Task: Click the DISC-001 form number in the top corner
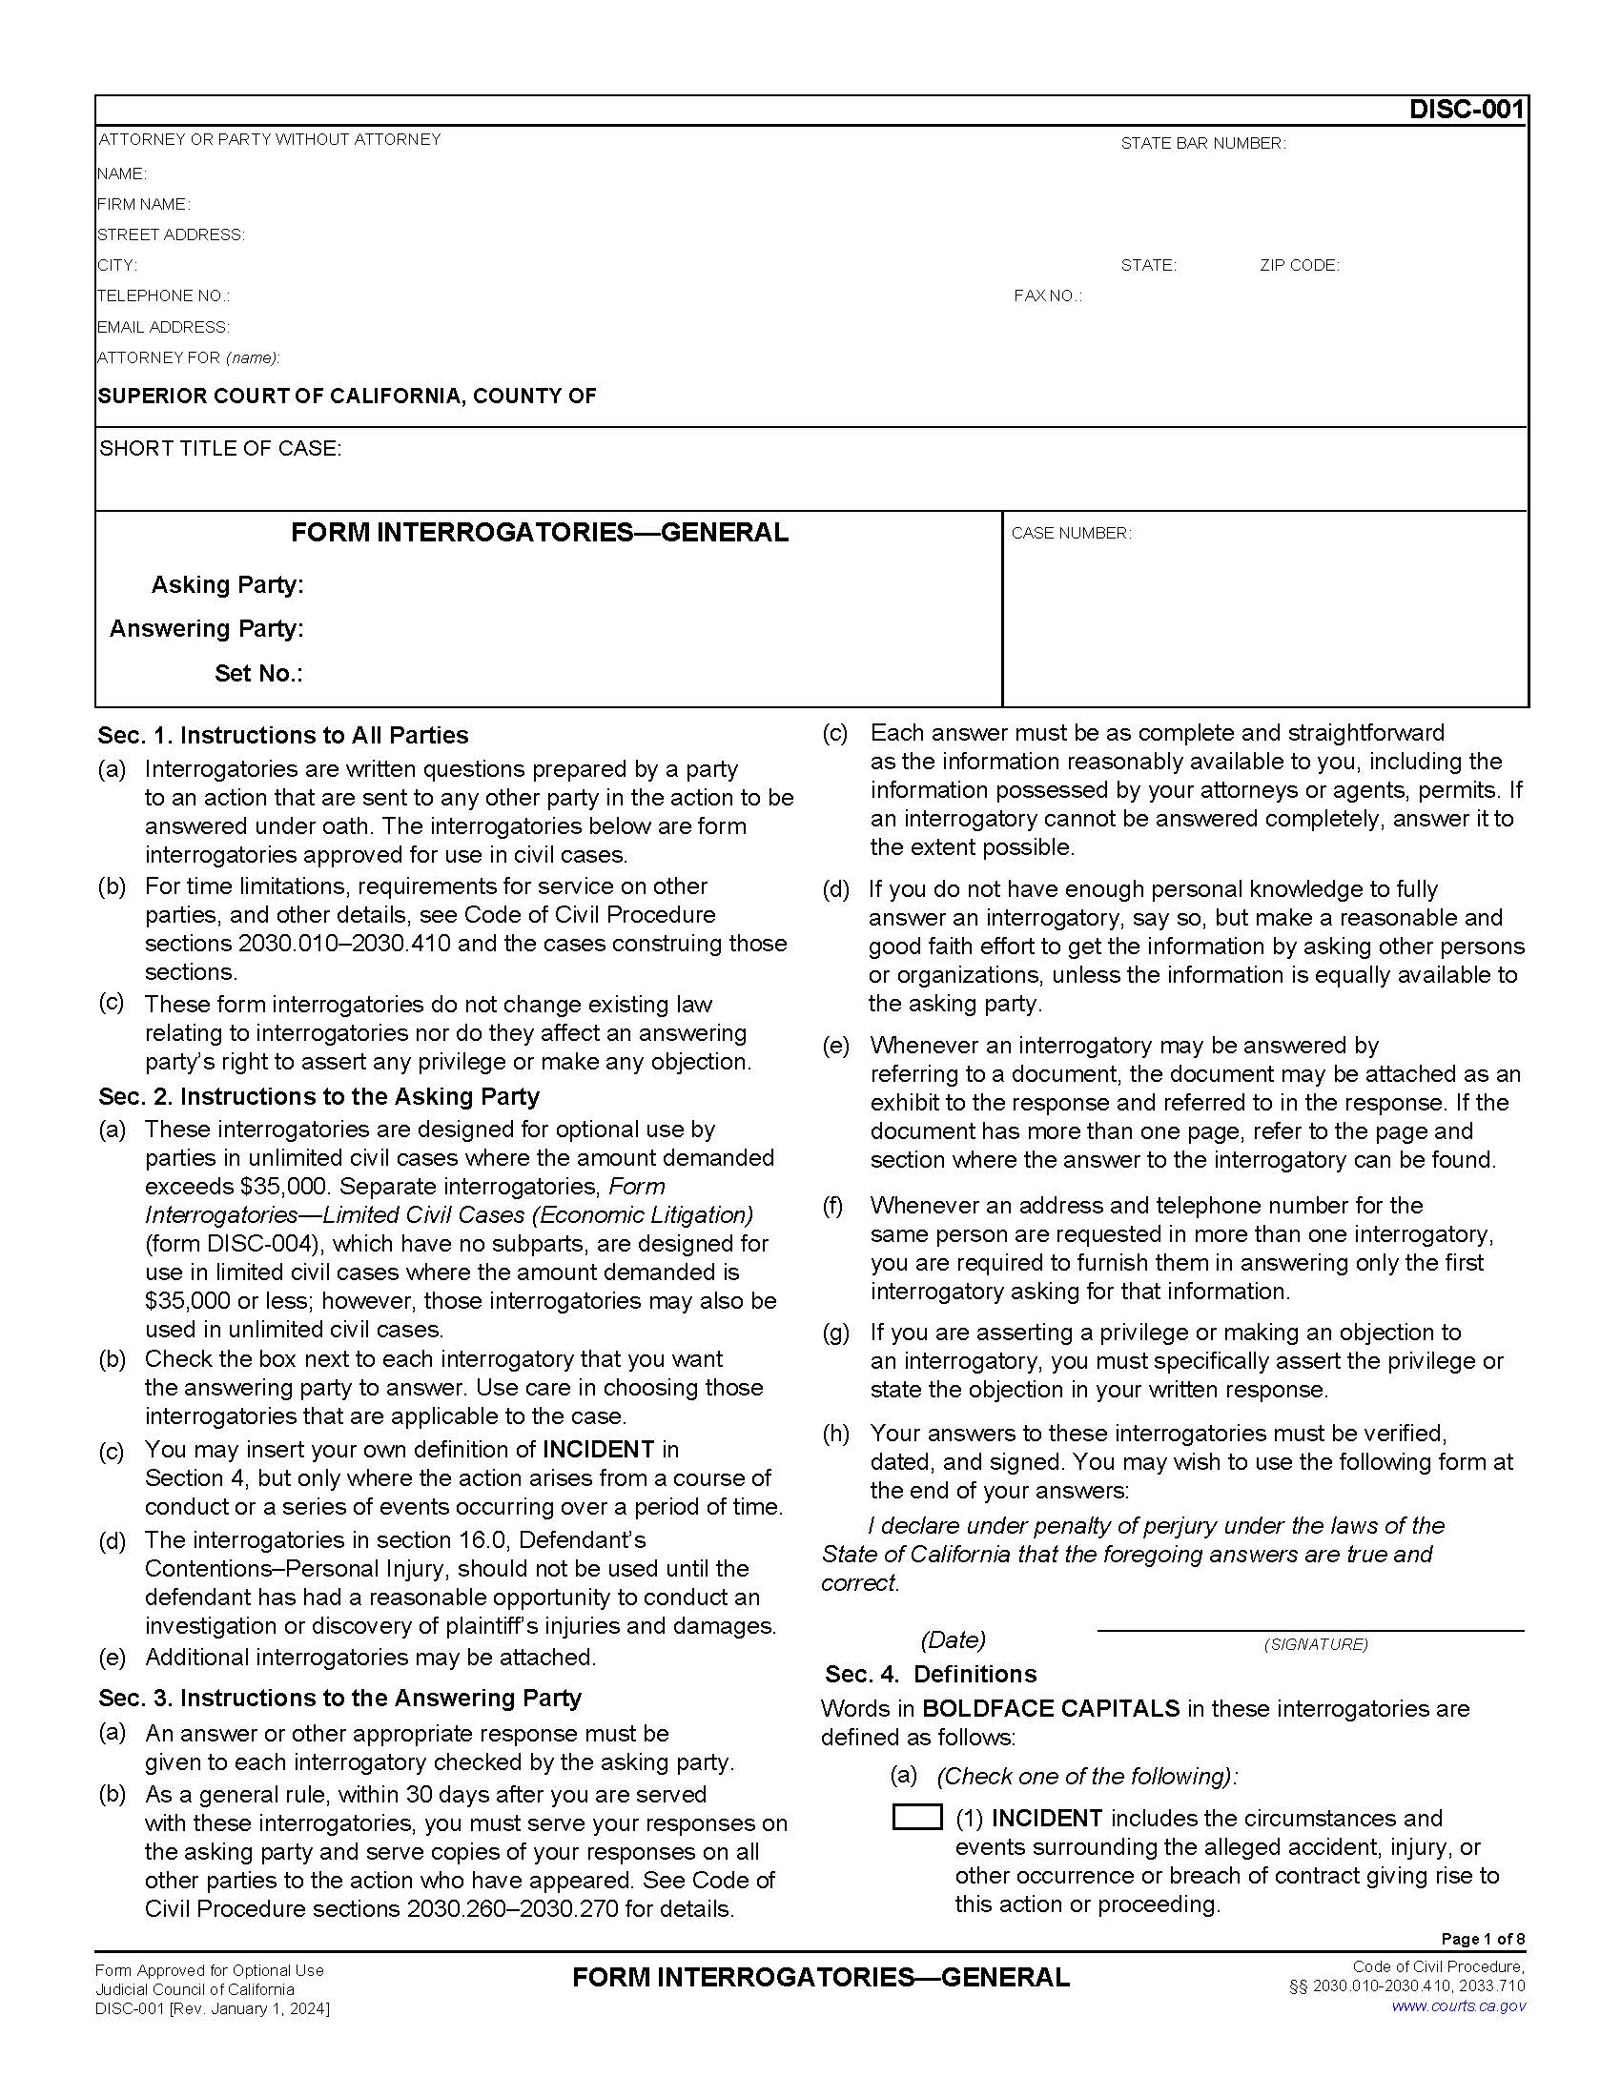1466,110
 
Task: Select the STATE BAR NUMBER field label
1202,144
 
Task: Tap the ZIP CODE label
1300,266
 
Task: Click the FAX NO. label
1047,296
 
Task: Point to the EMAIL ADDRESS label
163,327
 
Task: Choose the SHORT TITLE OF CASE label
220,449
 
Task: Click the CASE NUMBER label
1071,534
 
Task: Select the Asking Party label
228,584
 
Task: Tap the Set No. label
258,674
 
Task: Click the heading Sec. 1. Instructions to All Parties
282,736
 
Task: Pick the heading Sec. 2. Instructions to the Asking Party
318,1096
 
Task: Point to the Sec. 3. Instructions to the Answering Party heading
340,1698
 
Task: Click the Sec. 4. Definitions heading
931,1675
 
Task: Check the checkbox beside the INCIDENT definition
916,1818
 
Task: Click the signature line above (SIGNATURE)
1310,1629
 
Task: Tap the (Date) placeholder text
953,1640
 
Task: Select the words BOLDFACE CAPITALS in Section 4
1051,1709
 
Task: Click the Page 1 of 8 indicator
1483,1939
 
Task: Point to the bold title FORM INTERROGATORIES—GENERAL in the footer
821,1978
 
